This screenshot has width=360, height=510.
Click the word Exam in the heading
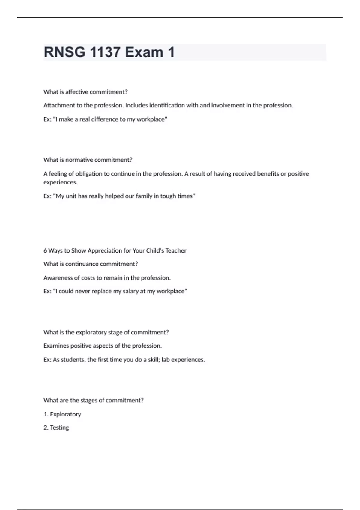coord(144,52)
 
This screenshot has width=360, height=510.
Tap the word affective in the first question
coord(77,92)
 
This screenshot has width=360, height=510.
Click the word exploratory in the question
coord(91,332)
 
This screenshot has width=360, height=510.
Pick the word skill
coord(153,360)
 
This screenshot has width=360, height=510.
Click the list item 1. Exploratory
coord(62,414)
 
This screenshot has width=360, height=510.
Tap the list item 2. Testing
coord(56,427)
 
